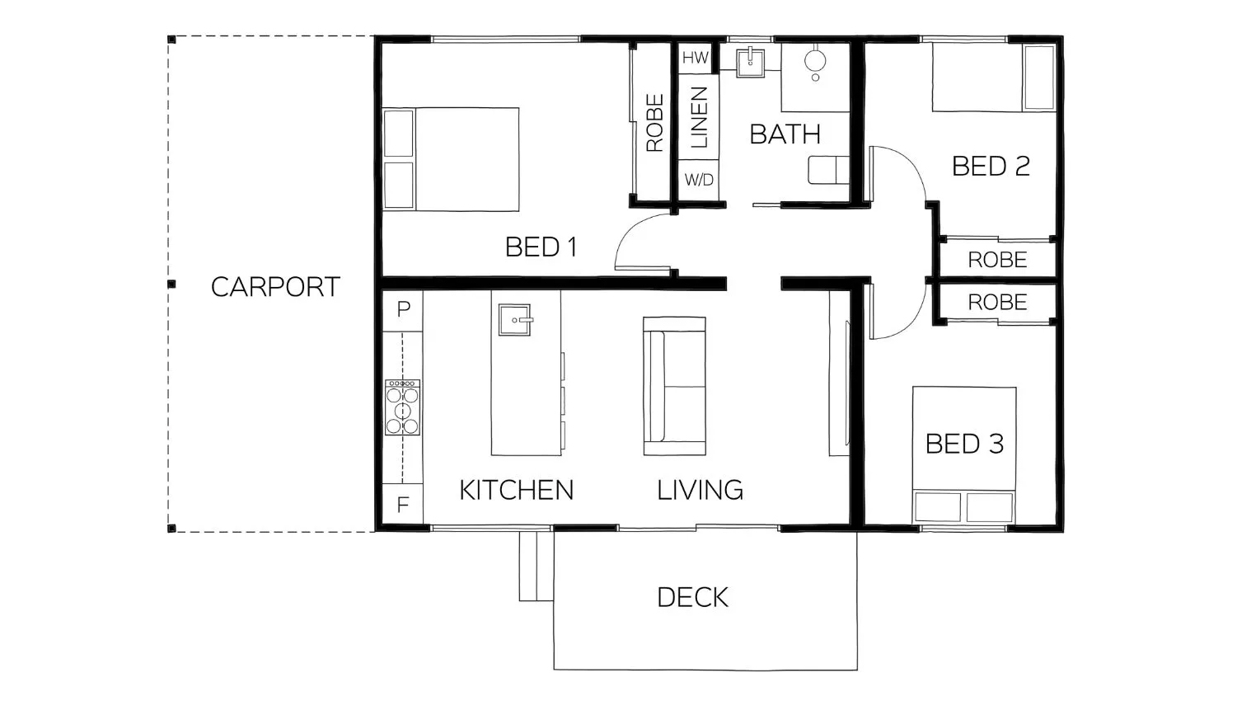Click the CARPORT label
tap(275, 287)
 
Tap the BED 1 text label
tap(541, 247)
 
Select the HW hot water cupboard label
tap(695, 59)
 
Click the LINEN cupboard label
tap(698, 118)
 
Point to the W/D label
tap(699, 180)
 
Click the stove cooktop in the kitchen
tap(403, 407)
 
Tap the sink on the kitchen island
tap(515, 319)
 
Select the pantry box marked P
tap(403, 310)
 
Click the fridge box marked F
tap(403, 504)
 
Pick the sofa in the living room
tap(674, 386)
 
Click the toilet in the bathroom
tap(828, 170)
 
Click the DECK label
tap(692, 597)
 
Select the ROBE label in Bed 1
tap(654, 123)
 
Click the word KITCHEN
tap(516, 490)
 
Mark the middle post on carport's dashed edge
tap(171, 284)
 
